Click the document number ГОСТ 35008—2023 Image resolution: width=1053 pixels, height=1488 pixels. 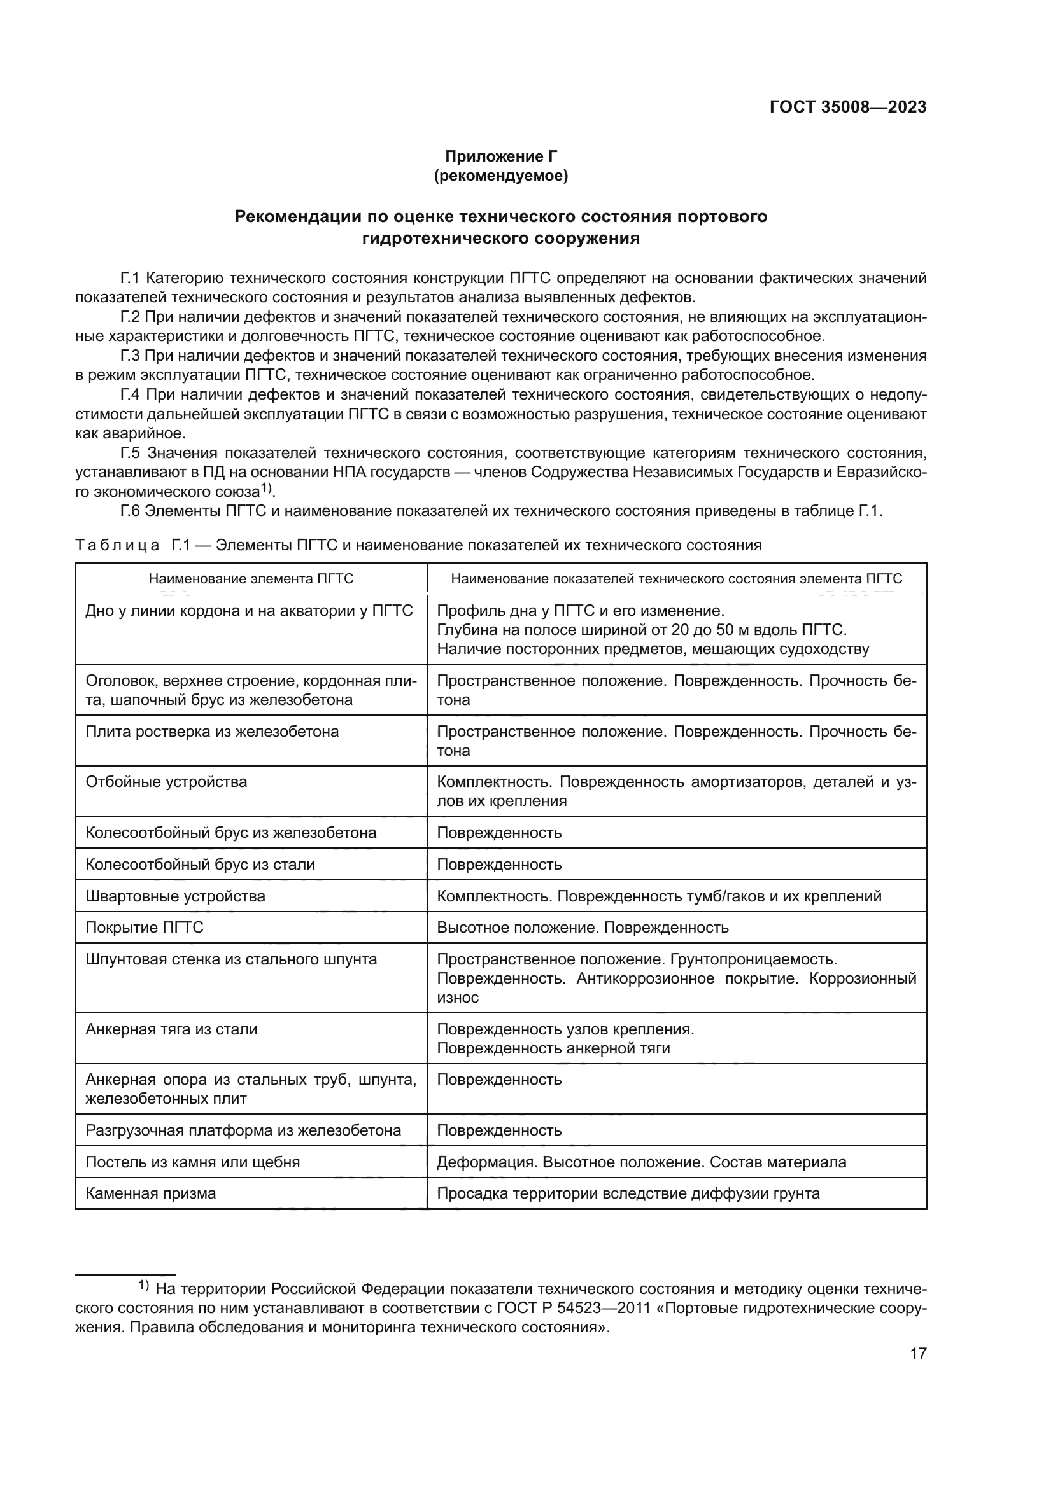click(847, 108)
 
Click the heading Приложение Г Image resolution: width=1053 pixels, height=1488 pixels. click(500, 156)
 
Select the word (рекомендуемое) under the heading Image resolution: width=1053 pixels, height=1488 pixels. click(500, 176)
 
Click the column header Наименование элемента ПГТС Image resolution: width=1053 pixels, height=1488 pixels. click(251, 579)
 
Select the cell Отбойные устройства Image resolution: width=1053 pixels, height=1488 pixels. click(167, 782)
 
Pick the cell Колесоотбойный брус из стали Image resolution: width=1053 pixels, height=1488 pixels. click(201, 864)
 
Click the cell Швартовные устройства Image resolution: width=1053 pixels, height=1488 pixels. click(176, 896)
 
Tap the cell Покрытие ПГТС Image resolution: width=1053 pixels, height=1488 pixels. click(145, 928)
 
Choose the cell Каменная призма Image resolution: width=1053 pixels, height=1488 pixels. click(150, 1193)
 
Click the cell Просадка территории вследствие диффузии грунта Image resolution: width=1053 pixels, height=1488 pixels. click(628, 1193)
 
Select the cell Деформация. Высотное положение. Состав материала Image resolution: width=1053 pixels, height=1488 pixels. click(641, 1162)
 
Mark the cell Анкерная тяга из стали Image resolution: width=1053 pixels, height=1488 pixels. click(172, 1029)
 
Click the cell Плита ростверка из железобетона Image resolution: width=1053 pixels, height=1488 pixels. click(212, 732)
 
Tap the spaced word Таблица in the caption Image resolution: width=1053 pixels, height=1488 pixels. click(117, 545)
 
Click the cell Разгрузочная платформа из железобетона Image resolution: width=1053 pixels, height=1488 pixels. click(243, 1130)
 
